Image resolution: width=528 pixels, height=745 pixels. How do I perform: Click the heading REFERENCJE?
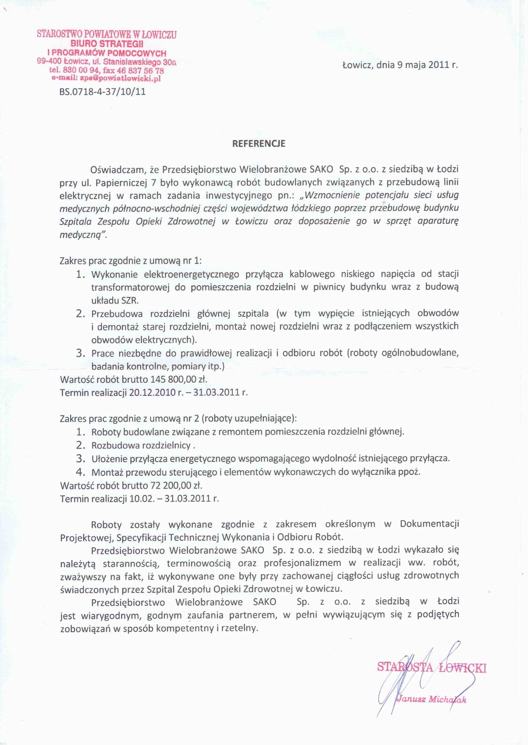[x=258, y=143]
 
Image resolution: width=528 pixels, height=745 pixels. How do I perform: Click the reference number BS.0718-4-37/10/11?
[x=102, y=91]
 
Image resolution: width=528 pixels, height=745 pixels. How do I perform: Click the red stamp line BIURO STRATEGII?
[x=107, y=44]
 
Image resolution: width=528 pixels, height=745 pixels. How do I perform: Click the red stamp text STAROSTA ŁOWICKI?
[x=431, y=667]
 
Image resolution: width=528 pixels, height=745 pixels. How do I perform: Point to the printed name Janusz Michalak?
[x=431, y=699]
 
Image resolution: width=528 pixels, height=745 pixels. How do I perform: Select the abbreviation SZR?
[x=130, y=300]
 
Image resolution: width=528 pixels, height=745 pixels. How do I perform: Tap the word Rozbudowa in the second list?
[x=113, y=445]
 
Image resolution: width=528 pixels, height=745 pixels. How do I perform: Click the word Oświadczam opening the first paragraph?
[x=118, y=170]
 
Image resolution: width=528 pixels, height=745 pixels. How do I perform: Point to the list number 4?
[x=80, y=471]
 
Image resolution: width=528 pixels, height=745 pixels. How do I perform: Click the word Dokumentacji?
[x=429, y=524]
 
